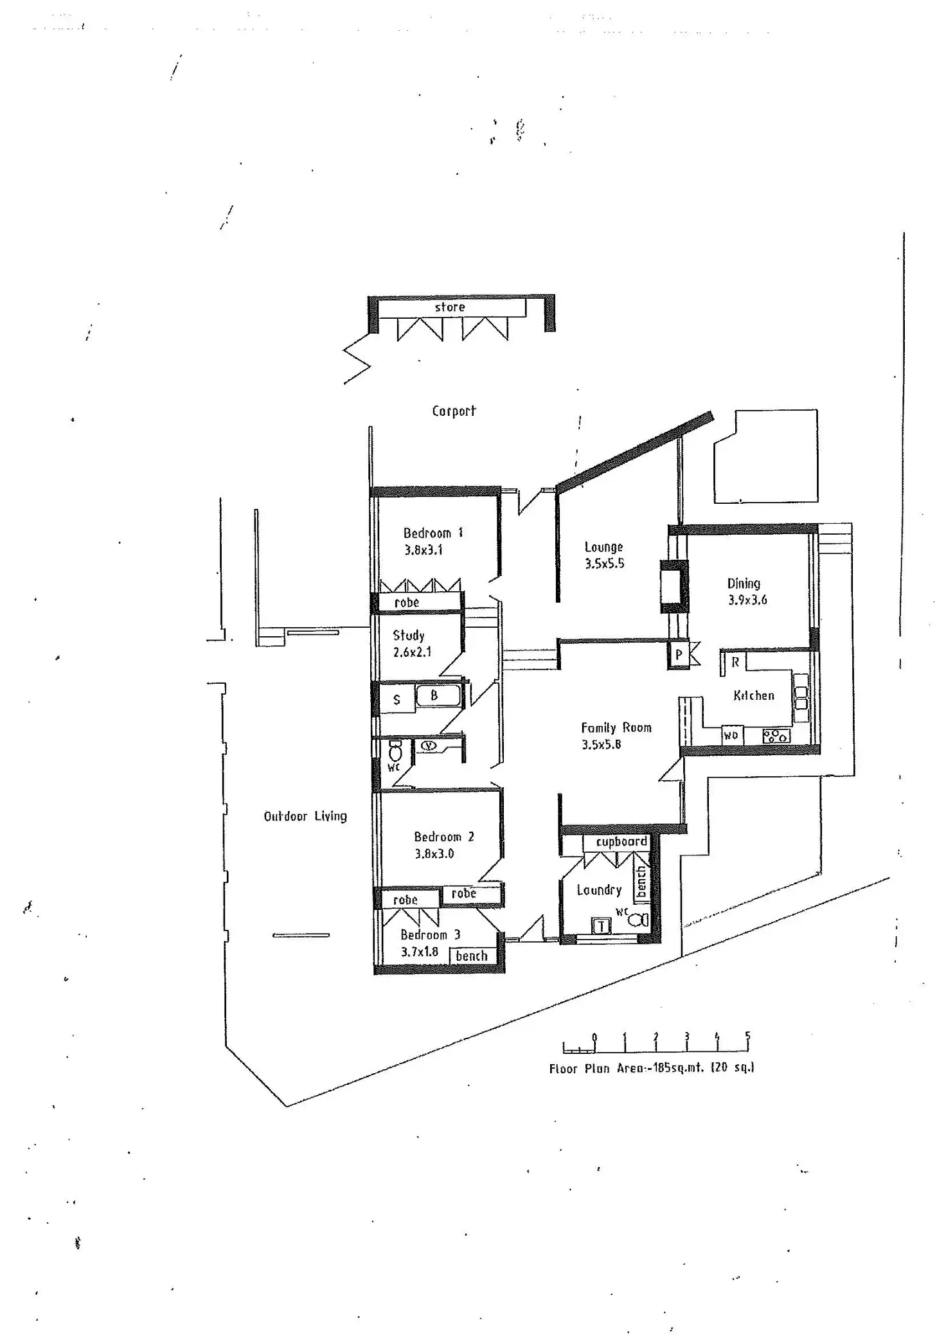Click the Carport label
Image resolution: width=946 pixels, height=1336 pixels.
(x=454, y=411)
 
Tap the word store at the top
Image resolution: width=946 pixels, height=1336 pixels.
(x=449, y=307)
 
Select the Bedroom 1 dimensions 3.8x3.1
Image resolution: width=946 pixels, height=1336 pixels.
(x=424, y=550)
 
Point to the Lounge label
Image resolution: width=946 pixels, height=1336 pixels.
(x=603, y=547)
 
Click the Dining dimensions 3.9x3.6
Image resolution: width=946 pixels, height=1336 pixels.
(x=747, y=600)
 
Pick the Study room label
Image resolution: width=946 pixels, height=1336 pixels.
(x=409, y=636)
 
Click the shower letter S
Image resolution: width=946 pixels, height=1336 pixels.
(x=397, y=700)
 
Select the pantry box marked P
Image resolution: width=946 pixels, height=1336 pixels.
(x=679, y=656)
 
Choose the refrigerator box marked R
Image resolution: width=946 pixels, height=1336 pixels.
(x=735, y=663)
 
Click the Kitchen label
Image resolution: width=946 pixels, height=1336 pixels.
(x=754, y=695)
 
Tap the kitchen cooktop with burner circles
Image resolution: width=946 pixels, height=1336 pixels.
(x=776, y=736)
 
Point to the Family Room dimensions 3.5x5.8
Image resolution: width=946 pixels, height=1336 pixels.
(x=602, y=745)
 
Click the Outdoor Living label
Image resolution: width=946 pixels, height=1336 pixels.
(x=305, y=816)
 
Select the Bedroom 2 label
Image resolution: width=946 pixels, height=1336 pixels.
(x=443, y=837)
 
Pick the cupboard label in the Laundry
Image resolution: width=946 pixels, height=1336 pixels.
(x=621, y=842)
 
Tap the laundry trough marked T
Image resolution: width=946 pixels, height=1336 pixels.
(x=601, y=926)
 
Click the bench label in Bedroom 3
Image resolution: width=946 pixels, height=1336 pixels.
(x=472, y=956)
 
